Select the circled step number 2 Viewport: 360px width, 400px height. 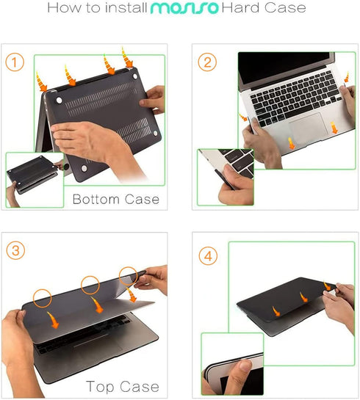(209, 62)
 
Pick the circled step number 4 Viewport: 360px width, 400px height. (209, 258)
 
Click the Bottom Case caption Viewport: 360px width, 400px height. (115, 199)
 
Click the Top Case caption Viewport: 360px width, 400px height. (122, 386)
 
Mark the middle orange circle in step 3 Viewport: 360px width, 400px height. (91, 285)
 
